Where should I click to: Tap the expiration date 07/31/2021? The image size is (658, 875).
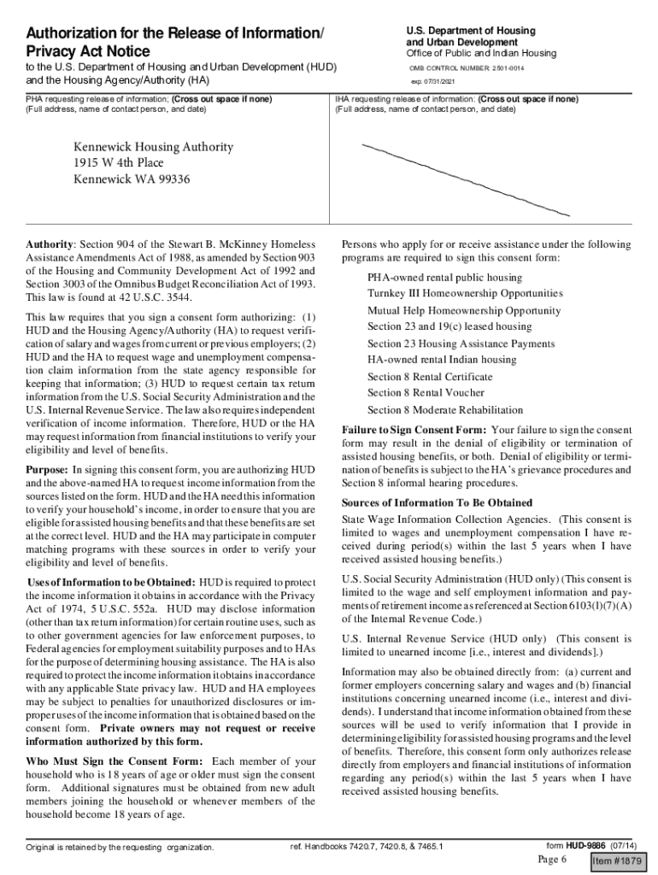pos(444,82)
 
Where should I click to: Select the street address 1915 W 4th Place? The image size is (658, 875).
pos(118,163)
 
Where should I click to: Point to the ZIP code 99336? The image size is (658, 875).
pos(173,179)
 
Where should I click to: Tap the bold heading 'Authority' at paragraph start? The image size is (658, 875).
pos(50,244)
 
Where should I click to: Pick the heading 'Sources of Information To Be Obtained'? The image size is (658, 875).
pos(437,502)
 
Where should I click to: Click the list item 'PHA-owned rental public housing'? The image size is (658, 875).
pos(444,278)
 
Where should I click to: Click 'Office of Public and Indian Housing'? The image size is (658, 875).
pos(480,53)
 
